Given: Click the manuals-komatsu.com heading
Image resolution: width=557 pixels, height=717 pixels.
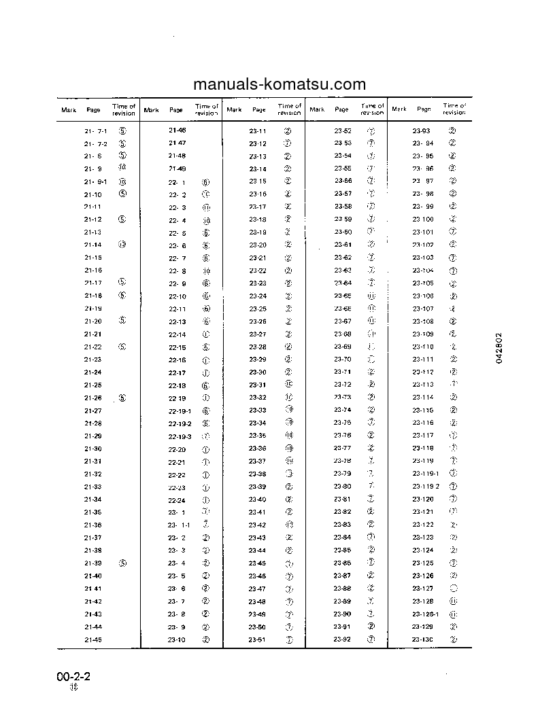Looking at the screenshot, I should (280, 84).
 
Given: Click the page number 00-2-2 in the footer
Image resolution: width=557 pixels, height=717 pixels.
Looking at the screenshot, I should (73, 677).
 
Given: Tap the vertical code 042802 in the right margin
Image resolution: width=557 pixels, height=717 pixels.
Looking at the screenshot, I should (499, 349).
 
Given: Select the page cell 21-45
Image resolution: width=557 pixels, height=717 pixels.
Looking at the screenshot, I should (93, 640).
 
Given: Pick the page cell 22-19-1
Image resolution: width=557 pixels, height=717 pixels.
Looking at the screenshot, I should (180, 410).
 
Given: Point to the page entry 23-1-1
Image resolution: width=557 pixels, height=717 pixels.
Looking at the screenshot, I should (179, 525).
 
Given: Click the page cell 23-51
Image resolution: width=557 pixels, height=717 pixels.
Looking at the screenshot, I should (258, 640).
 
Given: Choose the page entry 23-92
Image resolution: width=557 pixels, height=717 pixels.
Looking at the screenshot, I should (343, 640).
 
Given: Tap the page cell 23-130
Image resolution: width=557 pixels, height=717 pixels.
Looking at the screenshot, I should (422, 640).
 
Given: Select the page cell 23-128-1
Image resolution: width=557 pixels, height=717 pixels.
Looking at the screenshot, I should (426, 614).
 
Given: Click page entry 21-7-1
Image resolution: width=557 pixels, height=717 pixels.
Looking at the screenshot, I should (95, 130).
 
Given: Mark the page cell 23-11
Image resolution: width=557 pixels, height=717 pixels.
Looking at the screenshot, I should (258, 130).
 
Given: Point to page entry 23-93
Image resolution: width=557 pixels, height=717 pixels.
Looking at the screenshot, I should (422, 130).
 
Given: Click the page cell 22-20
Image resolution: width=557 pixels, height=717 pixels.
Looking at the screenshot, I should (177, 449).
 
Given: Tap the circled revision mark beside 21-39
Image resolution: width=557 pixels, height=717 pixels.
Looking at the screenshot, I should (122, 563).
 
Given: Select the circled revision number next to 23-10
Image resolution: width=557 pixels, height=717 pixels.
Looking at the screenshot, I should (205, 640).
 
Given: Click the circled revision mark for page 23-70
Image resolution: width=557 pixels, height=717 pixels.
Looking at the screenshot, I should (371, 360).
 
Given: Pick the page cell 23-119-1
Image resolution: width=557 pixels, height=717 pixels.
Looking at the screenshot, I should (426, 474).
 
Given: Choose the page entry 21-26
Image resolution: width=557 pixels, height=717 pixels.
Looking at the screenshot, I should (93, 398).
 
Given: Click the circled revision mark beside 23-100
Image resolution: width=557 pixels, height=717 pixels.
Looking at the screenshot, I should (453, 219).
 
